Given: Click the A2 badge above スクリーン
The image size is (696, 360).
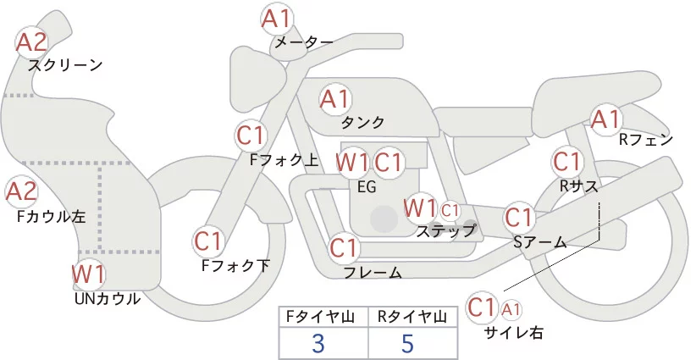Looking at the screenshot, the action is click(32, 42).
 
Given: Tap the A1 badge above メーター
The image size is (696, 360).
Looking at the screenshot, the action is click(277, 18).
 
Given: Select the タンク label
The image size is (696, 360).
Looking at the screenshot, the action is click(362, 122).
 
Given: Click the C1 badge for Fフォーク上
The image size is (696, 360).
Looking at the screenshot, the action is click(251, 136).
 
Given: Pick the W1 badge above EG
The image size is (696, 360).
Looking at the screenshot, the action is click(351, 162).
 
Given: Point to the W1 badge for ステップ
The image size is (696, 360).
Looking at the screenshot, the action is click(420, 208).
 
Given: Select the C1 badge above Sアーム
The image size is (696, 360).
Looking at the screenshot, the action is click(519, 218).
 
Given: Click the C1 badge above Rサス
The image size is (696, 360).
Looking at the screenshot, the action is click(566, 161).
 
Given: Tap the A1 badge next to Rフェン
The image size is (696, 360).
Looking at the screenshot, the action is click(605, 119).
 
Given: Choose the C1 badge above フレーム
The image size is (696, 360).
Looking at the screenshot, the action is click(344, 248).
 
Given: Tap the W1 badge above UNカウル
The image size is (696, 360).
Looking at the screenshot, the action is click(88, 274).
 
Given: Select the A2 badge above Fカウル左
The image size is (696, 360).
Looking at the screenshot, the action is click(22, 191).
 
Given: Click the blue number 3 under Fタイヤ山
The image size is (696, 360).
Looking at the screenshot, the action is click(318, 344).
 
